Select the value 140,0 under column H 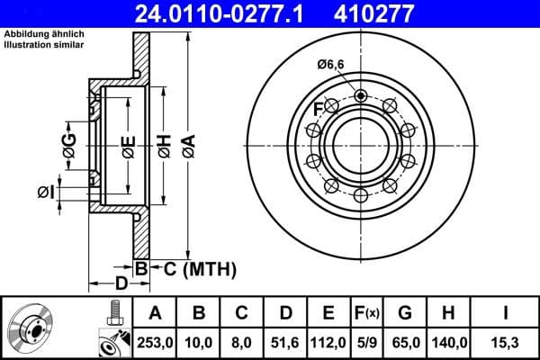450,342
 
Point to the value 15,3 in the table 508,342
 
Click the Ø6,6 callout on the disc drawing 332,64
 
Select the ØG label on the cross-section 68,142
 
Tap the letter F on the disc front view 317,109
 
